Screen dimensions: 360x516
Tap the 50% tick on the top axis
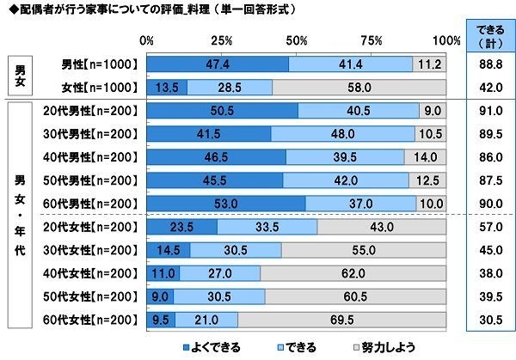(x=297, y=40)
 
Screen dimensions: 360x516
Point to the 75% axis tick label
(x=372, y=40)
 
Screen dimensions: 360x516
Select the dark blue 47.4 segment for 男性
(x=218, y=64)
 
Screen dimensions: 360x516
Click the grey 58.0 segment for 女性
(x=360, y=87)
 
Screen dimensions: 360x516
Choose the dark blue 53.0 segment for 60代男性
(x=226, y=203)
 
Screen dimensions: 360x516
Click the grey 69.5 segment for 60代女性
(x=342, y=319)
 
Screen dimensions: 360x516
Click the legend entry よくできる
(x=216, y=346)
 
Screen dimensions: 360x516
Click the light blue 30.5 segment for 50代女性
(x=219, y=296)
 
